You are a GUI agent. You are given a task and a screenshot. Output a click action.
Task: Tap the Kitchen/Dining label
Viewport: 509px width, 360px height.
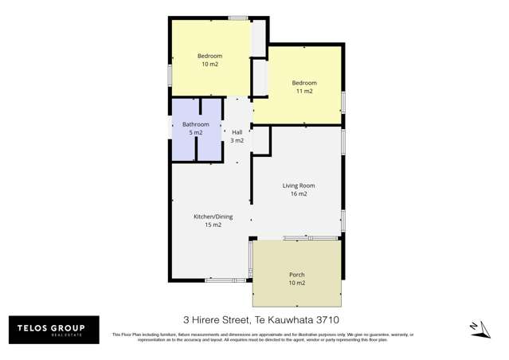[208, 217]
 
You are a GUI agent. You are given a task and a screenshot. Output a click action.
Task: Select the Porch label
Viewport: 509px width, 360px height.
[296, 275]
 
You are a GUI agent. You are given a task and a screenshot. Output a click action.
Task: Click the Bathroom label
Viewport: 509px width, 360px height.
[195, 124]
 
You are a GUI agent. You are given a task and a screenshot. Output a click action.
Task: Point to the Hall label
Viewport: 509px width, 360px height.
[237, 132]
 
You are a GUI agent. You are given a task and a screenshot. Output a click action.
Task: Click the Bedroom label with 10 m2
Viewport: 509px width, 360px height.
[209, 56]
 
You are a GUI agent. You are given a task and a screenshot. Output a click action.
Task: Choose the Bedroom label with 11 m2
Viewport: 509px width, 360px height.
[303, 83]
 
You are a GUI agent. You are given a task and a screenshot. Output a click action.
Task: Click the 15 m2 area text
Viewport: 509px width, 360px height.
[208, 225]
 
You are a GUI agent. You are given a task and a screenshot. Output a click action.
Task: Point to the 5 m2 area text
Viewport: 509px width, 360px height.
[195, 132]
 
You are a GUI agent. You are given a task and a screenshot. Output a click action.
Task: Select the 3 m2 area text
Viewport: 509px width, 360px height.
[237, 140]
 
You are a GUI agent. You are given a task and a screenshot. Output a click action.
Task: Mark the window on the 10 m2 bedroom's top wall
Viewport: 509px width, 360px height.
[237, 18]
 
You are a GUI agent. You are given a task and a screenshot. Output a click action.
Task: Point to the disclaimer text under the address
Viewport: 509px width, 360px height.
[263, 337]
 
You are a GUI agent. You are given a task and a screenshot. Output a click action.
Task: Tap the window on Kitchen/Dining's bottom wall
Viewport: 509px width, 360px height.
[221, 280]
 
